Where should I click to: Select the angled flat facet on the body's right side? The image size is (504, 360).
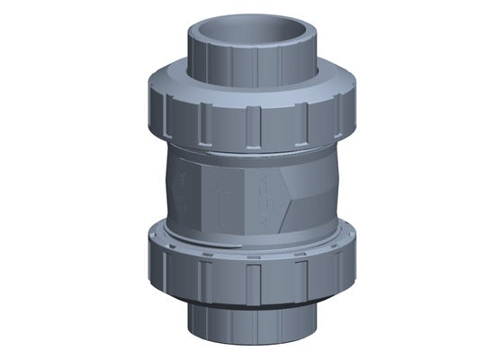point(310,189)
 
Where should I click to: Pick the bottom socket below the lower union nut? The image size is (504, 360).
point(251,324)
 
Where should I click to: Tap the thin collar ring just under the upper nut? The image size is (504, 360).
point(252,153)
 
